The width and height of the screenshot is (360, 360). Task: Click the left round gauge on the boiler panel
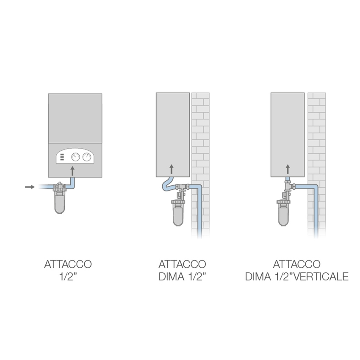click(x=75, y=157)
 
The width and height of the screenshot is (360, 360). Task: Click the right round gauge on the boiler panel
click(x=87, y=157)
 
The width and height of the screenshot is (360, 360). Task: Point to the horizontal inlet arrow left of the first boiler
click(x=30, y=187)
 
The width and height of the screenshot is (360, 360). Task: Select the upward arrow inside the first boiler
click(x=72, y=171)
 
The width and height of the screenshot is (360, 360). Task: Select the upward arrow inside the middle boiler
click(x=172, y=169)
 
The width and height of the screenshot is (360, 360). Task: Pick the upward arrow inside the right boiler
click(x=288, y=169)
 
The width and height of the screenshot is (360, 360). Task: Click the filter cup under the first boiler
click(x=61, y=206)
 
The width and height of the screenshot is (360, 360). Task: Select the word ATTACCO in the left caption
click(x=68, y=264)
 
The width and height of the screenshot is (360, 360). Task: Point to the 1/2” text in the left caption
click(x=68, y=277)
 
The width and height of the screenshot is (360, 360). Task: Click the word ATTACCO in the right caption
click(x=296, y=264)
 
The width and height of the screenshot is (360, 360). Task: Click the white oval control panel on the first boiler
click(x=75, y=157)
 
